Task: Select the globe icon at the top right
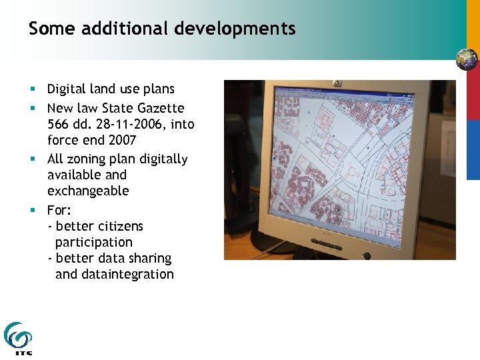coord(467,60)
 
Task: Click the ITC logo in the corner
coord(18,339)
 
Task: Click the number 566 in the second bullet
coord(59,124)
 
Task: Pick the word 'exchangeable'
coord(88,191)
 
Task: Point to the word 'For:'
coord(59,210)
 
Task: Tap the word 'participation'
coord(94,242)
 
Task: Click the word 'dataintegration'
coord(127,274)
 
